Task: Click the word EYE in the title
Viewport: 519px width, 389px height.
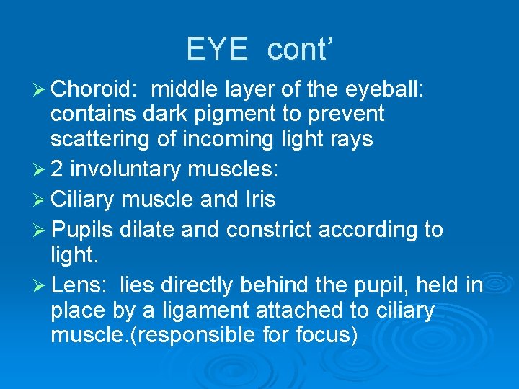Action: click(x=218, y=50)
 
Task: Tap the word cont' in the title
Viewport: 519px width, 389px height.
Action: click(x=300, y=50)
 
